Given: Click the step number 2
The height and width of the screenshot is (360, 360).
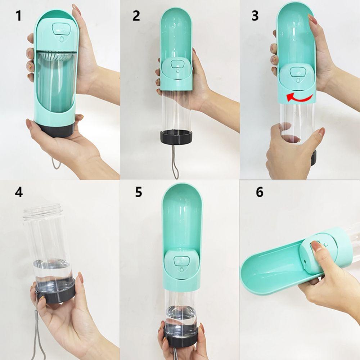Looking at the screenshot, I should [136, 16].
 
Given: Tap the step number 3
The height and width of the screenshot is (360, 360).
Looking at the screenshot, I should [255, 16].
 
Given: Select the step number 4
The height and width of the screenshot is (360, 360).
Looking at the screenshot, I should [19, 192].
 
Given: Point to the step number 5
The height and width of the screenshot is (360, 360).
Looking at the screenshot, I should [139, 192].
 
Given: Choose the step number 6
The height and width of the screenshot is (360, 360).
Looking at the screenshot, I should [260, 192].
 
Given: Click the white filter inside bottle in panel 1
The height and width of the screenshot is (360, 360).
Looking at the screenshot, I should [57, 58].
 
